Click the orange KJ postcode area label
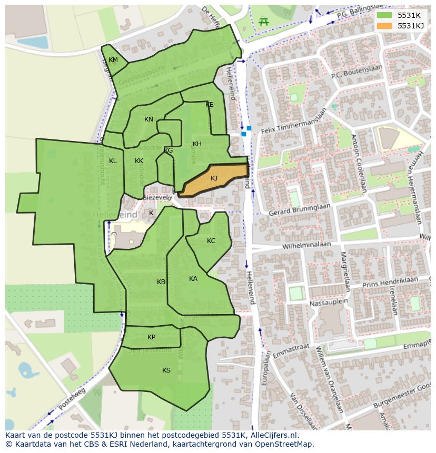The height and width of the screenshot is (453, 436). pos(214,178)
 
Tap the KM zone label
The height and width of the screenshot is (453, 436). pos(113,60)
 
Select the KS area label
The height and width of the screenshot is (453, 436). pos(166,370)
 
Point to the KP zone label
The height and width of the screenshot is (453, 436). pos(151,337)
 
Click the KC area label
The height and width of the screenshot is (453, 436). pos(211,241)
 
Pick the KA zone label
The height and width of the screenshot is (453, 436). pos(193,279)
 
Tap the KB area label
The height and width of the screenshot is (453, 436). pos(161,282)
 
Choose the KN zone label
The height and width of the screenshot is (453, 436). pos(148,119)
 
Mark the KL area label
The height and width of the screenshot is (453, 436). pos(113,161)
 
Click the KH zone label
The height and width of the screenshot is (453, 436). pos(197,144)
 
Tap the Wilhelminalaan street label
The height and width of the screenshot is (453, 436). pos(306,245)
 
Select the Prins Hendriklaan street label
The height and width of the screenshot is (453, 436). pos(389,283)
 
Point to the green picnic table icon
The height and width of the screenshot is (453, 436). pos(264,22)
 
